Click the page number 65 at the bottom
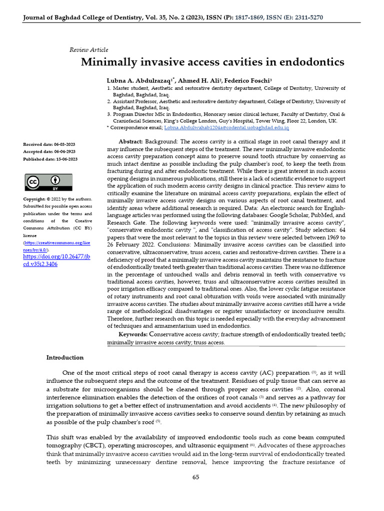coord(196,477)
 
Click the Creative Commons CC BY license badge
coord(49,183)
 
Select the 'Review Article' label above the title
coord(88,50)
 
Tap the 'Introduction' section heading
coord(65,358)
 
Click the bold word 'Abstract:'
coord(130,142)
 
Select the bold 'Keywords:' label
coord(133,334)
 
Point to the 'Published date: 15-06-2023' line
coord(50,159)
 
